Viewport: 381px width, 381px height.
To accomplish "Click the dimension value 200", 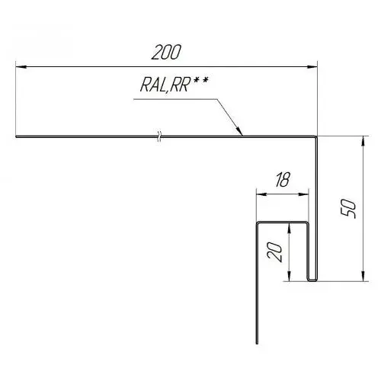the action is pyautogui.click(x=166, y=53).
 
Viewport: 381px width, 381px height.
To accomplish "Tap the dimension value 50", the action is pyautogui.click(x=348, y=209).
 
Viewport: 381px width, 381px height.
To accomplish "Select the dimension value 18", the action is pyautogui.click(x=283, y=180).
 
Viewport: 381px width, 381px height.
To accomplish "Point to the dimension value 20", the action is pyautogui.click(x=275, y=252).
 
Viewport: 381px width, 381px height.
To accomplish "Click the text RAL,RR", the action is pyautogui.click(x=165, y=85).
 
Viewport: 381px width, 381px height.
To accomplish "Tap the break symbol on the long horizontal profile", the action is pyautogui.click(x=159, y=136).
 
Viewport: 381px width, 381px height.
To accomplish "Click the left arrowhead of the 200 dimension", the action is pyautogui.click(x=21, y=67).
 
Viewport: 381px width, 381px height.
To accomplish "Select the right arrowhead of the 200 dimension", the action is pyautogui.click(x=312, y=67).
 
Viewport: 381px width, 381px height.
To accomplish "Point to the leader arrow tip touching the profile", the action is pyautogui.click(x=242, y=136).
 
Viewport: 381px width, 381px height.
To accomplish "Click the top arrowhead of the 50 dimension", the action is pyautogui.click(x=363, y=141).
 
